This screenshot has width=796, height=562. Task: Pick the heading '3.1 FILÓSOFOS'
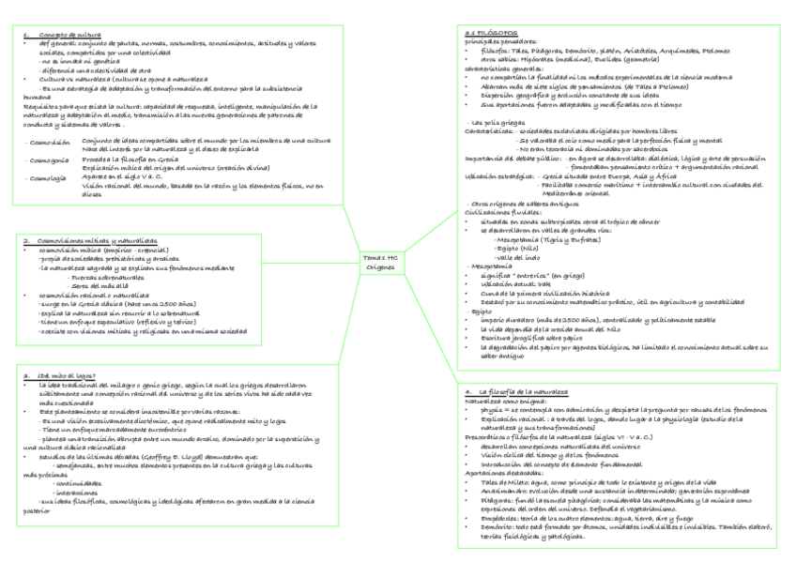click(492, 32)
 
